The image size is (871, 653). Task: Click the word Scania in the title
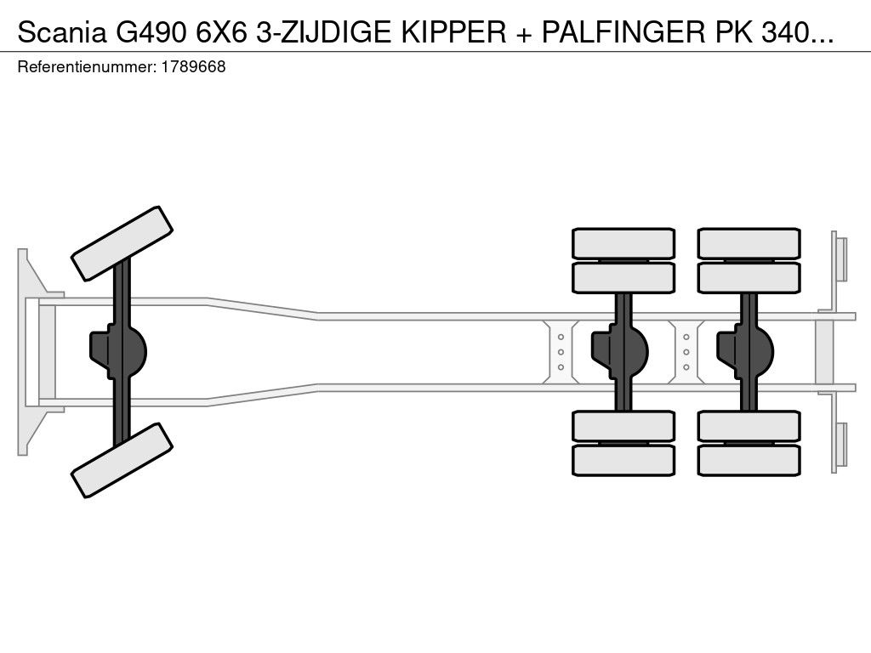pyautogui.click(x=62, y=33)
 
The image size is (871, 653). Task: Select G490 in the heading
pyautogui.click(x=151, y=33)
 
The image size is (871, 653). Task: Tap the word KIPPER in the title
pyautogui.click(x=454, y=33)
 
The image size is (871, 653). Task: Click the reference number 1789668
pyautogui.click(x=193, y=67)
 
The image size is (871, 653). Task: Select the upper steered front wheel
pyautogui.click(x=122, y=243)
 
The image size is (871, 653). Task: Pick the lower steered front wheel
pyautogui.click(x=122, y=460)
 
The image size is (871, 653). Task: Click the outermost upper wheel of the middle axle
pyautogui.click(x=623, y=243)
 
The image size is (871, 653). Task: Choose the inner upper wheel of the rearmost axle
pyautogui.click(x=749, y=278)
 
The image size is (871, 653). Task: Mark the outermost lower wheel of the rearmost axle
pyautogui.click(x=749, y=460)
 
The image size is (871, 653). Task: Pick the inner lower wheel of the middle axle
pyautogui.click(x=623, y=426)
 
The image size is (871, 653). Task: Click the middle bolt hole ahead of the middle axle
pyautogui.click(x=561, y=352)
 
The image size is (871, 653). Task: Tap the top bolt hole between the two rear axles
pyautogui.click(x=686, y=337)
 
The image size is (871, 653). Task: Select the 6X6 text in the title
pyautogui.click(x=221, y=33)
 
